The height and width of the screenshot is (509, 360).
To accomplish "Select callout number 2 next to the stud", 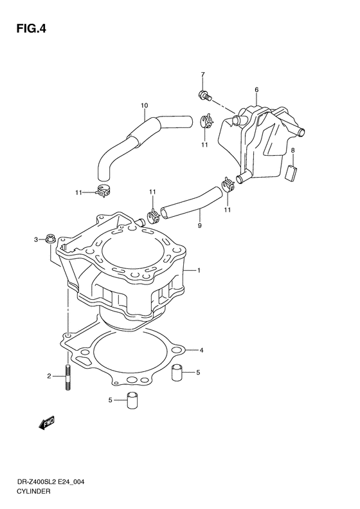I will [37, 240].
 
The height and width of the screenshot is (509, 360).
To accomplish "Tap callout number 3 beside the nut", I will [201, 350].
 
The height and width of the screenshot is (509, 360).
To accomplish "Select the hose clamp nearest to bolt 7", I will [206, 120].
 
